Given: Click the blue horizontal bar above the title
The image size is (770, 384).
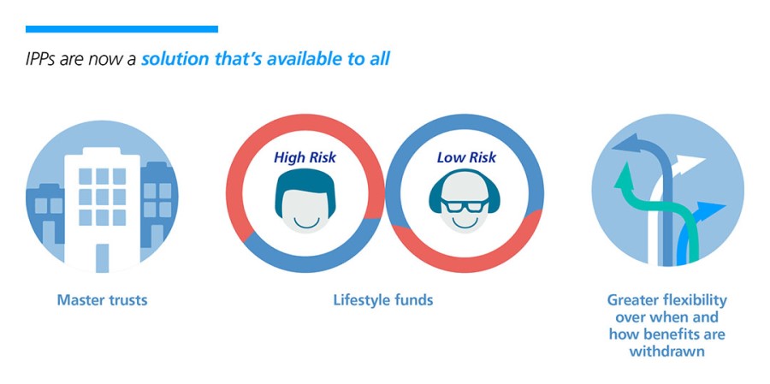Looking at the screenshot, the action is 121,29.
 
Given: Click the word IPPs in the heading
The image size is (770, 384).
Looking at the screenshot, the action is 41,59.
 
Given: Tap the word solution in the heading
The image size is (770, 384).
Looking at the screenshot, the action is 175,59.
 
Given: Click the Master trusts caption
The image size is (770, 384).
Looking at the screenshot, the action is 102,299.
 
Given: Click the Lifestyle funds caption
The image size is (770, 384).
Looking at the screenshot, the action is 383,299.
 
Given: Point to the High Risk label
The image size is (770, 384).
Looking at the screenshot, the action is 305,157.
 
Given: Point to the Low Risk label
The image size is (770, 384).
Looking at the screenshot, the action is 466,157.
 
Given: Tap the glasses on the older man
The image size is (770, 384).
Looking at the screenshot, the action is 465,204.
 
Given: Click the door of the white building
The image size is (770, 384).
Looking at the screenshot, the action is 102,257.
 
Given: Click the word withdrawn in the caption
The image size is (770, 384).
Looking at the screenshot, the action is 666,352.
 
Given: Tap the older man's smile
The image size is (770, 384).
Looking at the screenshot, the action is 465,222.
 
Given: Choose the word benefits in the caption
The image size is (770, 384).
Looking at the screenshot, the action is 668,334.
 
